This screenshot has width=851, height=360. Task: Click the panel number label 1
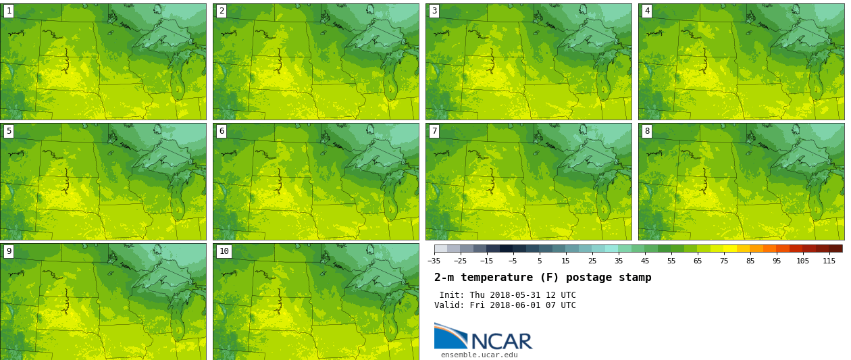tap(9, 11)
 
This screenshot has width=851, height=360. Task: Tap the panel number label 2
tap(222, 11)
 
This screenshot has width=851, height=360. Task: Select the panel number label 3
tap(434, 11)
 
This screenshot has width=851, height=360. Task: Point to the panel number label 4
tap(647, 11)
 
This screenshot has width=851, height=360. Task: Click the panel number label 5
tap(9, 131)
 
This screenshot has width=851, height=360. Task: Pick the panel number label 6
tap(222, 131)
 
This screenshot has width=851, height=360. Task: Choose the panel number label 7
tap(434, 131)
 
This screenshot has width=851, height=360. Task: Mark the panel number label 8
tap(647, 131)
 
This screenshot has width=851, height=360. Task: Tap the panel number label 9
tap(9, 251)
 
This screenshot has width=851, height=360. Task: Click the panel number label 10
tap(224, 251)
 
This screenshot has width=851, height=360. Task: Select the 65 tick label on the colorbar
tap(697, 261)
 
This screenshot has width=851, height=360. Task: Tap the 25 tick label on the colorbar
tap(592, 261)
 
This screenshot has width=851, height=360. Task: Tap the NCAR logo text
tap(501, 341)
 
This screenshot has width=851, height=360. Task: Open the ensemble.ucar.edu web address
tap(479, 355)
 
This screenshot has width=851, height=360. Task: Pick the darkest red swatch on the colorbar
tap(835, 249)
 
